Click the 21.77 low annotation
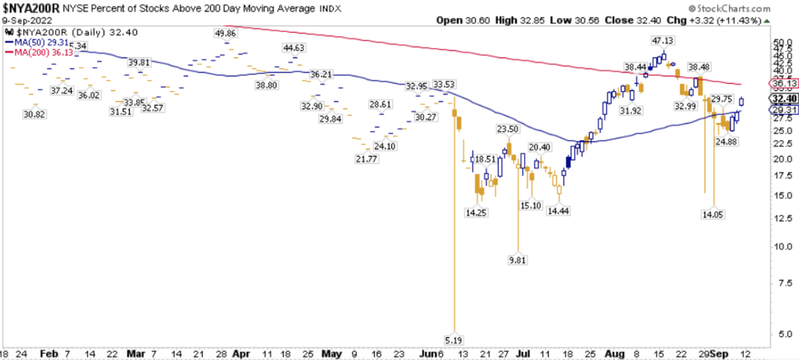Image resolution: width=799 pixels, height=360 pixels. coord(367,158)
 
